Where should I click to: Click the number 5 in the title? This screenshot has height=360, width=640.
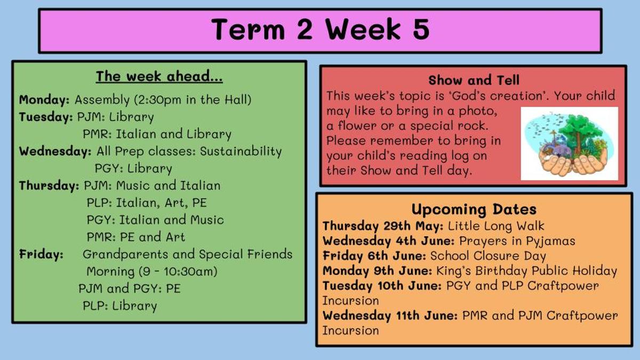[x=421, y=29]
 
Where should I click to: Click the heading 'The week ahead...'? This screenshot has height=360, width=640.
[x=159, y=77]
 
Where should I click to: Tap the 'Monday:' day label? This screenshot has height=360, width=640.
[x=44, y=100]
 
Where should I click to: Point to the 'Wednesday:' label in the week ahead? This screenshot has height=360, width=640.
[x=55, y=151]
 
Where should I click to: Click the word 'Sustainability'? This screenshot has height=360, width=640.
[x=241, y=151]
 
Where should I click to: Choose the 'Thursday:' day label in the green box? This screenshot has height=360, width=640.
[x=49, y=186]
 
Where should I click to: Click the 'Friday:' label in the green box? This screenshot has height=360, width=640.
[x=41, y=254]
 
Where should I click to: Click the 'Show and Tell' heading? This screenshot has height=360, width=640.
[x=474, y=80]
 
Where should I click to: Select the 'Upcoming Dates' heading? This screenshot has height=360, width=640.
[x=474, y=210]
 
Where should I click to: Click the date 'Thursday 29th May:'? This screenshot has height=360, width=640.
[x=383, y=226]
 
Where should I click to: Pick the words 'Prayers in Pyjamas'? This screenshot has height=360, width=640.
[x=517, y=241]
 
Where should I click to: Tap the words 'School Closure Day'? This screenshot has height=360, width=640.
[x=488, y=256]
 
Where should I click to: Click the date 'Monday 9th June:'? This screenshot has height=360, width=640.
[x=377, y=270]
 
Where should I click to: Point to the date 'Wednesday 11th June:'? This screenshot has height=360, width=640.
[x=390, y=315]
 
